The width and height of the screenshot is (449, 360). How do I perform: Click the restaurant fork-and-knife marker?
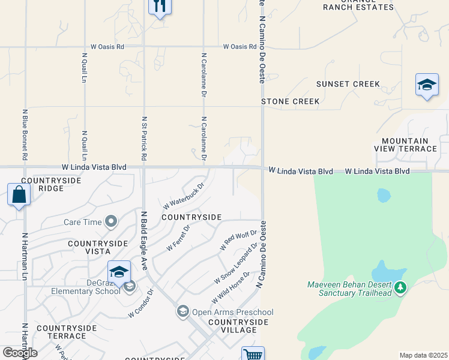tap(160, 6)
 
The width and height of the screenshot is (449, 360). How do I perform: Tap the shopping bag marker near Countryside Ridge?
tap(19, 195)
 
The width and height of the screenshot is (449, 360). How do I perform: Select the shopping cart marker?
tap(253, 355)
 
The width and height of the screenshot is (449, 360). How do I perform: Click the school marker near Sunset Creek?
tap(427, 85)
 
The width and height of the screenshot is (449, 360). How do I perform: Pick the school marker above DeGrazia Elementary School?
tap(119, 272)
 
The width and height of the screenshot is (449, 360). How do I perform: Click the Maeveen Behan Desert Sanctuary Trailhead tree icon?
tap(400, 288)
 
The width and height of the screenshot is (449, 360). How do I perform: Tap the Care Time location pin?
tap(110, 222)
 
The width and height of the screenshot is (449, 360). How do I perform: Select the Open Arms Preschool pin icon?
tap(182, 311)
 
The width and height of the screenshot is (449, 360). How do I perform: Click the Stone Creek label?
tap(291, 101)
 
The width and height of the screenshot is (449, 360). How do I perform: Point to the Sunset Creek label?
tap(348, 84)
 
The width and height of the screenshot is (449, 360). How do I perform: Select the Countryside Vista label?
tap(98, 248)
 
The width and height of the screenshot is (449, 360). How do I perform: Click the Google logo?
tap(20, 353)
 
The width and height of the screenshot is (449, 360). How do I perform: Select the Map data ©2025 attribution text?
tap(423, 355)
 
